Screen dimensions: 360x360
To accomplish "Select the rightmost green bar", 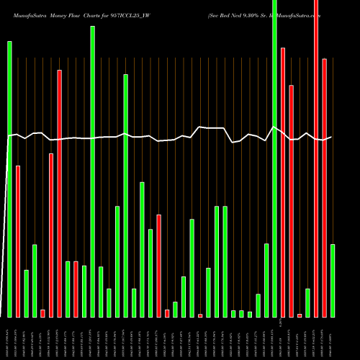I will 333,280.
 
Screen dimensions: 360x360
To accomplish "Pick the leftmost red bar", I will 18,241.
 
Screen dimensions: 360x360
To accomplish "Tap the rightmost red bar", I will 325,187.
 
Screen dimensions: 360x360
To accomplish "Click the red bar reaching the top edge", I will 316,158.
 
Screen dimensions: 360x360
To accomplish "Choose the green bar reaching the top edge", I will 274,158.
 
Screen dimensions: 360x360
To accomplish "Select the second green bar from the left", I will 26,293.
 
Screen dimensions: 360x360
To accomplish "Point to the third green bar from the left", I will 35,281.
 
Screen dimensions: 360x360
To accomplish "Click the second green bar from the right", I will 307,302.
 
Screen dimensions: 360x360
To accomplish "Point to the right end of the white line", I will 331,137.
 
